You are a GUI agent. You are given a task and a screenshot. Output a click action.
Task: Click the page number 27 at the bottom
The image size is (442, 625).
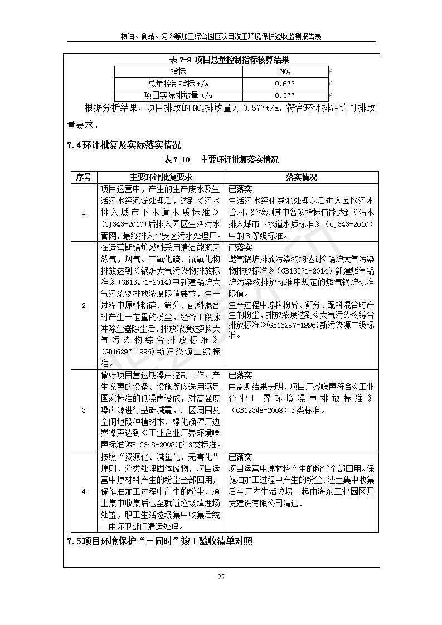tap(221, 577)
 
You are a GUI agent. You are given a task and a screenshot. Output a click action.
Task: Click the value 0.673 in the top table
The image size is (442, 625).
tap(285, 84)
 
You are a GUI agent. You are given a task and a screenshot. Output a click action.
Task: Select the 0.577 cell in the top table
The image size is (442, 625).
tap(285, 95)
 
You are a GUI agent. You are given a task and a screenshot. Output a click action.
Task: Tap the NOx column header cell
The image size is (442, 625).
tap(285, 72)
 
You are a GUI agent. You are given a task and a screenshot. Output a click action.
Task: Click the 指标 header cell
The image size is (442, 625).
tap(178, 72)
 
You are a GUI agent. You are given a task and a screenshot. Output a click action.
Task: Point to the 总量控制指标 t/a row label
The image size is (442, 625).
tap(178, 84)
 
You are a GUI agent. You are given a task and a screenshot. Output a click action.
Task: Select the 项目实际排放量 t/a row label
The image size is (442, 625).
tap(178, 95)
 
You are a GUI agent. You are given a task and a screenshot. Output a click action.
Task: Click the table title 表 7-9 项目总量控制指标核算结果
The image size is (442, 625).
tap(221, 60)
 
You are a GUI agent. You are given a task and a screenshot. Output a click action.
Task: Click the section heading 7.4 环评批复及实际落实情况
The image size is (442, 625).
tap(124, 145)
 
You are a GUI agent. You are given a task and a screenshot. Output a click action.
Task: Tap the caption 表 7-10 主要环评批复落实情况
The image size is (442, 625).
tap(221, 160)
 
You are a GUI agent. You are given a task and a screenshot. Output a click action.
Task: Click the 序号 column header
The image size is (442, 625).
tap(83, 177)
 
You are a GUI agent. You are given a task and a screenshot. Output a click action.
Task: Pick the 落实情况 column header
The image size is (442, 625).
tap(302, 177)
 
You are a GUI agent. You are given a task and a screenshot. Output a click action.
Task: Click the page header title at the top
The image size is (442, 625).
tap(221, 36)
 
